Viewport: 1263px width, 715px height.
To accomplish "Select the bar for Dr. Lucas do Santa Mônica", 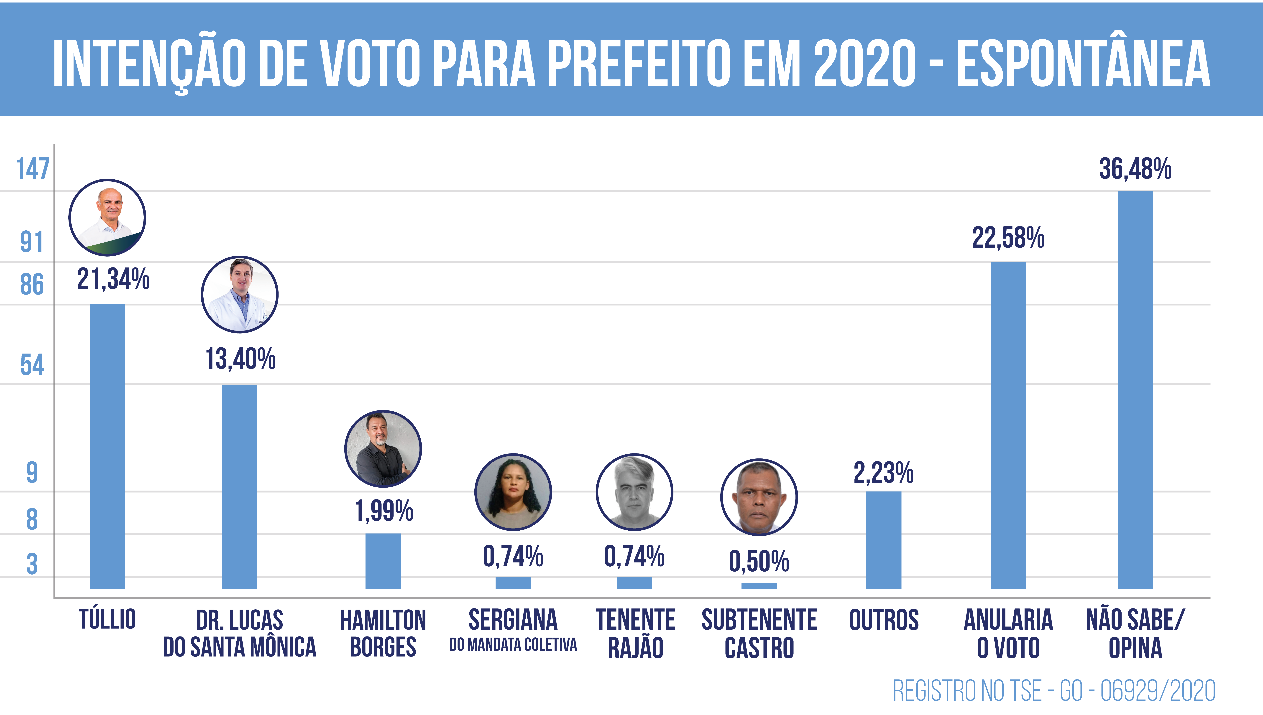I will click(240, 486).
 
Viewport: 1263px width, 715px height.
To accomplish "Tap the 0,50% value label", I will click(759, 561).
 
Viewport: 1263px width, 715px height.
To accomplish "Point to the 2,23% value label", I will click(883, 473).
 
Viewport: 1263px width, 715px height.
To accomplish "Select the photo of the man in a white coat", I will click(240, 294).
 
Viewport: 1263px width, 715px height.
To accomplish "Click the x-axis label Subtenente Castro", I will click(759, 634).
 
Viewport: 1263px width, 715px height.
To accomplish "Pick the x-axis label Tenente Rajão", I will click(635, 634).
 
